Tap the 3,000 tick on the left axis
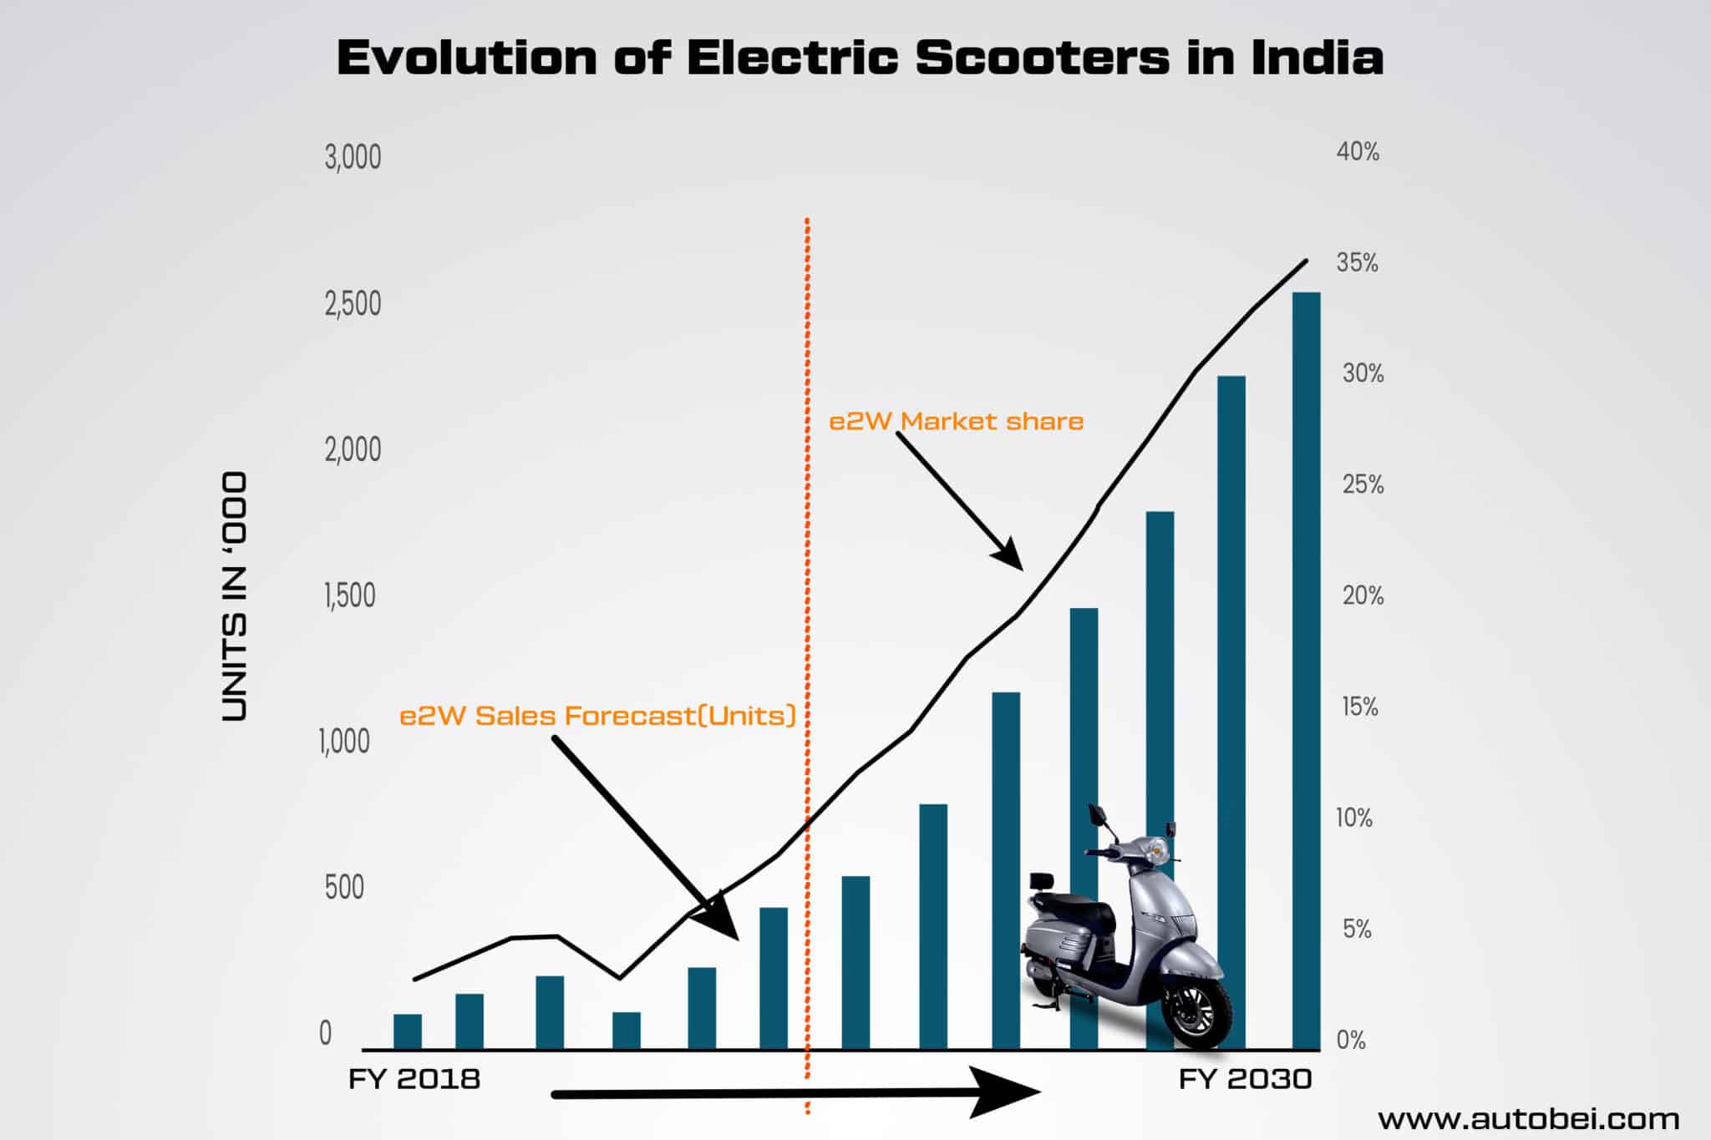(x=353, y=157)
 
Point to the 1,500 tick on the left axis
(x=350, y=595)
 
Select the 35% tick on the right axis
(x=1357, y=262)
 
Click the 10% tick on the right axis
(x=1353, y=818)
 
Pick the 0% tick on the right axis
(x=1351, y=1040)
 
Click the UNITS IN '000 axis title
(x=235, y=596)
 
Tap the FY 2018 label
(x=414, y=1079)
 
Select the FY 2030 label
(x=1245, y=1079)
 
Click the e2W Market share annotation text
(x=956, y=421)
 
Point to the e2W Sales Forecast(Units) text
(x=597, y=716)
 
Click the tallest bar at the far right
(x=1306, y=668)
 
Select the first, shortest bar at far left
(x=408, y=1031)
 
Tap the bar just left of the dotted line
(x=774, y=977)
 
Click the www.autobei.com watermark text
(x=1528, y=1118)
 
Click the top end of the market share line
(x=1305, y=261)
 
